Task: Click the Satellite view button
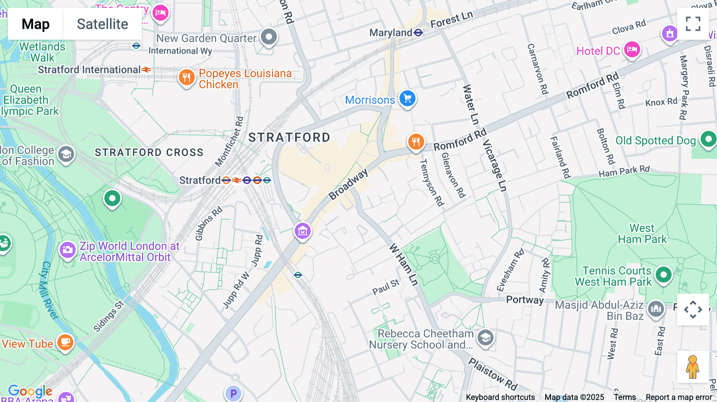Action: pos(102,24)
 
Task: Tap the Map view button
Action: pos(35,24)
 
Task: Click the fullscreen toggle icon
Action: pos(693,24)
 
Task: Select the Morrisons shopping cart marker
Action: pos(407,98)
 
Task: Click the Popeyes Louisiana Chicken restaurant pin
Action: pos(186,77)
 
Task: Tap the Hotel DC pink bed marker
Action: pos(632,50)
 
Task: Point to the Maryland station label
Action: pos(390,33)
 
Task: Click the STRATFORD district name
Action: pos(289,138)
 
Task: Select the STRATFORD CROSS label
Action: pos(149,152)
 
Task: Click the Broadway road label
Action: pos(348,184)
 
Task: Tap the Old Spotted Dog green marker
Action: pos(708,139)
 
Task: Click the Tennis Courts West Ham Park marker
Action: pos(663,274)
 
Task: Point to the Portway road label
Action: pos(525,300)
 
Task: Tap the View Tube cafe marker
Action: pos(65,342)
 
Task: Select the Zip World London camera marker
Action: pos(67,250)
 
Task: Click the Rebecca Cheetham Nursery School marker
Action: pos(485,338)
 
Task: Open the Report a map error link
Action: pos(679,397)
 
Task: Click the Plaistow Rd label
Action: pos(492,374)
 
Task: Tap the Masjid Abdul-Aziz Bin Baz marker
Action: pos(656,309)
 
